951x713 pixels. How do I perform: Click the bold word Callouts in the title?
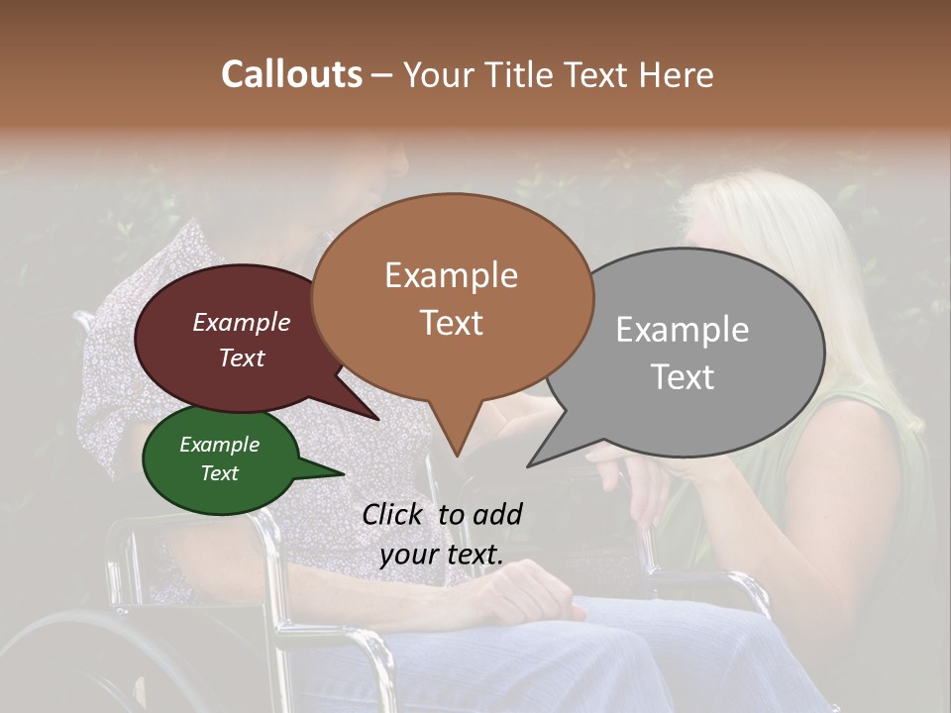tap(291, 74)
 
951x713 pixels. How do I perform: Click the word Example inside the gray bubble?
tap(682, 330)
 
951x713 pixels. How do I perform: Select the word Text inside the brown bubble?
tap(452, 323)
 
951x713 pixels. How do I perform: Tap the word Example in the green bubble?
tap(219, 445)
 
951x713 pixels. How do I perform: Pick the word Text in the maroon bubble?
tap(241, 358)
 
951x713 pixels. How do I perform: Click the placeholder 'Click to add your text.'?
tap(442, 534)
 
